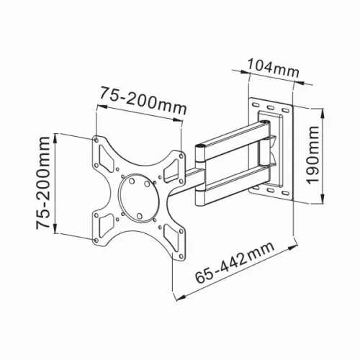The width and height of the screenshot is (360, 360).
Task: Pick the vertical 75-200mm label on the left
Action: click(45, 184)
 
